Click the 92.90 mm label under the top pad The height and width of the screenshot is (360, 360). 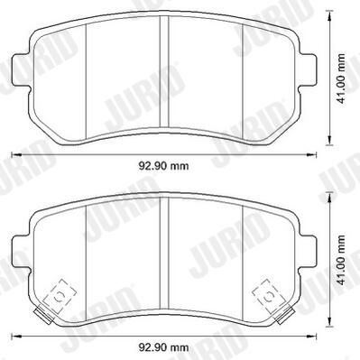[x=163, y=166]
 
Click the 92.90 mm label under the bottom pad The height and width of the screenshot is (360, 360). [x=163, y=347]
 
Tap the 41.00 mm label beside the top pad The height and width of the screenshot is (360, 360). [x=341, y=78]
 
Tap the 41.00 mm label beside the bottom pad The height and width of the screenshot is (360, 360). [x=341, y=260]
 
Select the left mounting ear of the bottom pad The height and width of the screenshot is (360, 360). [x=21, y=252]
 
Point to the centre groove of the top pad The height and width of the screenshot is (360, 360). [x=164, y=71]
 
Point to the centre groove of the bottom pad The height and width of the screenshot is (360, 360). [x=164, y=254]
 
